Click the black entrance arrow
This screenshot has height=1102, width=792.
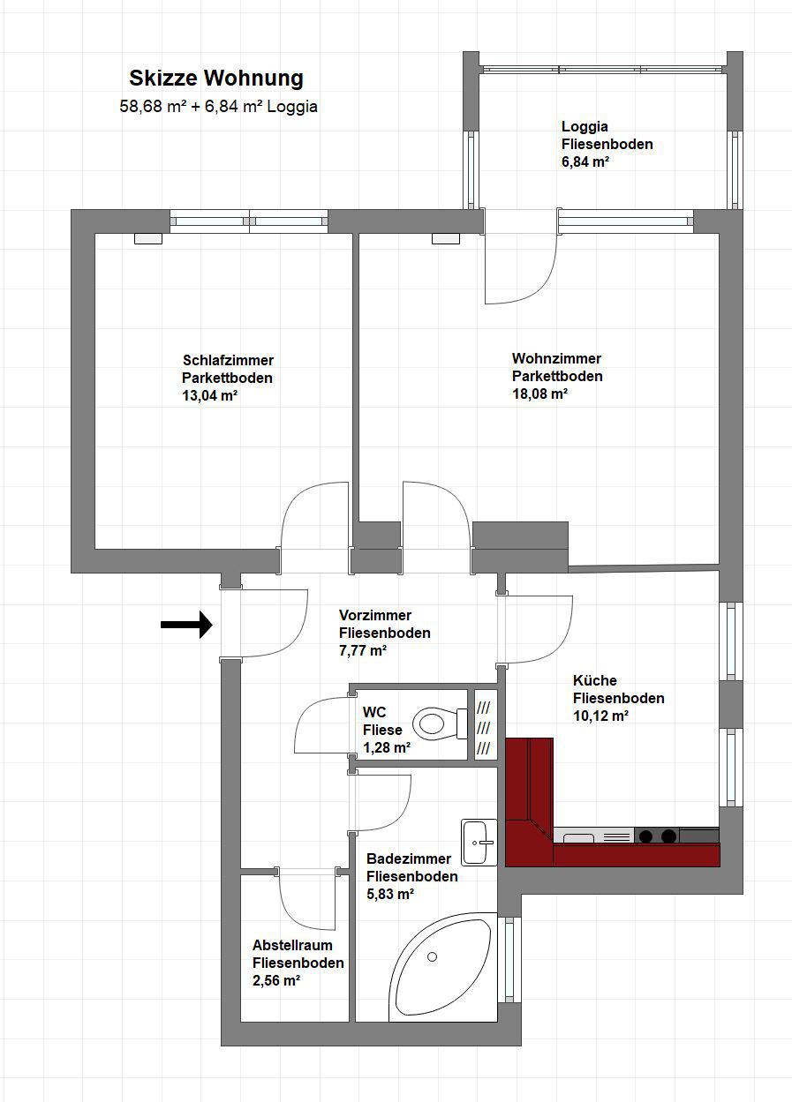(186, 625)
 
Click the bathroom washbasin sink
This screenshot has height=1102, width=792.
(479, 843)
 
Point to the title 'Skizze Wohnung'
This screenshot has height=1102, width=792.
(216, 79)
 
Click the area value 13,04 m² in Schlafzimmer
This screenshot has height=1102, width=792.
(209, 395)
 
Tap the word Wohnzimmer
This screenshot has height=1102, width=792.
(556, 357)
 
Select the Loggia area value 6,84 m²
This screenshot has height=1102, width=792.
(585, 161)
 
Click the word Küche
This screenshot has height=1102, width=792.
(594, 680)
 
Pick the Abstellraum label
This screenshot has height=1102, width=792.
(292, 945)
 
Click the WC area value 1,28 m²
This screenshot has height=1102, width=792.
(387, 747)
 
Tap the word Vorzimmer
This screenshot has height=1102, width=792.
(375, 615)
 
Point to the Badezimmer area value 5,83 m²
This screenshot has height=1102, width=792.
(390, 894)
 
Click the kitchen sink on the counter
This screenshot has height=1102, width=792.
(577, 836)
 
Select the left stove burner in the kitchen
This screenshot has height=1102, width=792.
(645, 836)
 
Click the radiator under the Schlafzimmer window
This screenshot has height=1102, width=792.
(148, 238)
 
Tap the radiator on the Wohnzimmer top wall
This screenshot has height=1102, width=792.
(446, 238)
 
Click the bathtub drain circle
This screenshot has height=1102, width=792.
(432, 957)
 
